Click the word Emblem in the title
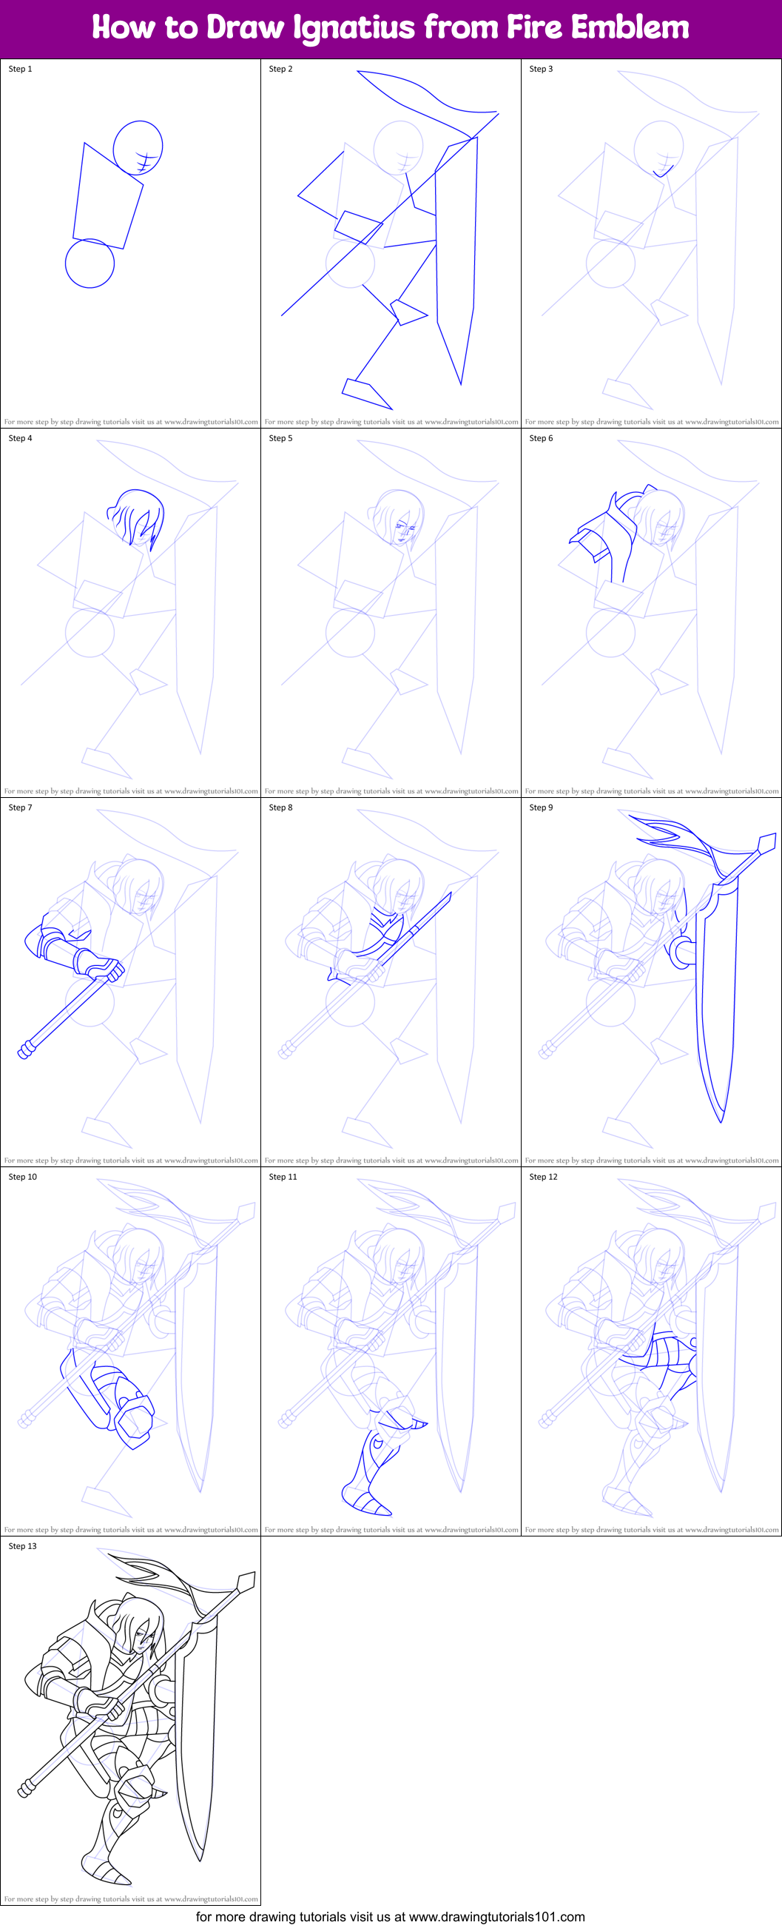click(630, 27)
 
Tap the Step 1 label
click(20, 69)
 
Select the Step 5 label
click(280, 438)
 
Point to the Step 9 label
click(541, 807)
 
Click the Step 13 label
click(22, 1546)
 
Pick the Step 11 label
click(283, 1177)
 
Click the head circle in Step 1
click(138, 147)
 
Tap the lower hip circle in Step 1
click(90, 263)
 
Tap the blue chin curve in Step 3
click(662, 172)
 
